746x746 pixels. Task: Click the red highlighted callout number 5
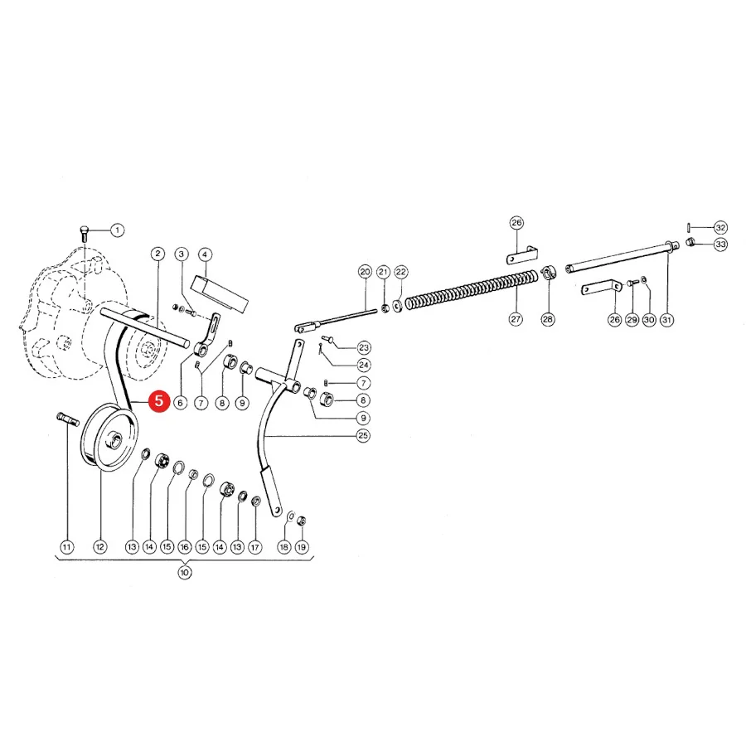tap(158, 401)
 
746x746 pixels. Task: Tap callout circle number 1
tap(117, 230)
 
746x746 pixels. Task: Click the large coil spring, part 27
tap(473, 288)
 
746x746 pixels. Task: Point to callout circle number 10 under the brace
tap(185, 572)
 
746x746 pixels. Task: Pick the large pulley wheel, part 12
tap(109, 438)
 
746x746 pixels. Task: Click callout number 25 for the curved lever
tap(363, 435)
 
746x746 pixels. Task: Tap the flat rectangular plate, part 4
tap(220, 294)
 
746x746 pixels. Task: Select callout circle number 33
tap(721, 245)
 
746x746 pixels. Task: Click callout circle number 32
tap(721, 227)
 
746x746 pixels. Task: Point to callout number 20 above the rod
tap(365, 272)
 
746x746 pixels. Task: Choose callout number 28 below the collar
tap(548, 319)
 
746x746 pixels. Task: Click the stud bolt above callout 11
tap(67, 419)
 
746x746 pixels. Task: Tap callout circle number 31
tap(667, 320)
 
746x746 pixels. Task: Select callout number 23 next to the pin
tap(364, 347)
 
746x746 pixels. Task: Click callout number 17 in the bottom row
tap(255, 547)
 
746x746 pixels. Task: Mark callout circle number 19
tap(301, 547)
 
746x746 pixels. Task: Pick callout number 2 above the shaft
tap(157, 254)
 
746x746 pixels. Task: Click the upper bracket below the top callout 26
tap(522, 255)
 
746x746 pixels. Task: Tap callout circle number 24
tap(364, 365)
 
